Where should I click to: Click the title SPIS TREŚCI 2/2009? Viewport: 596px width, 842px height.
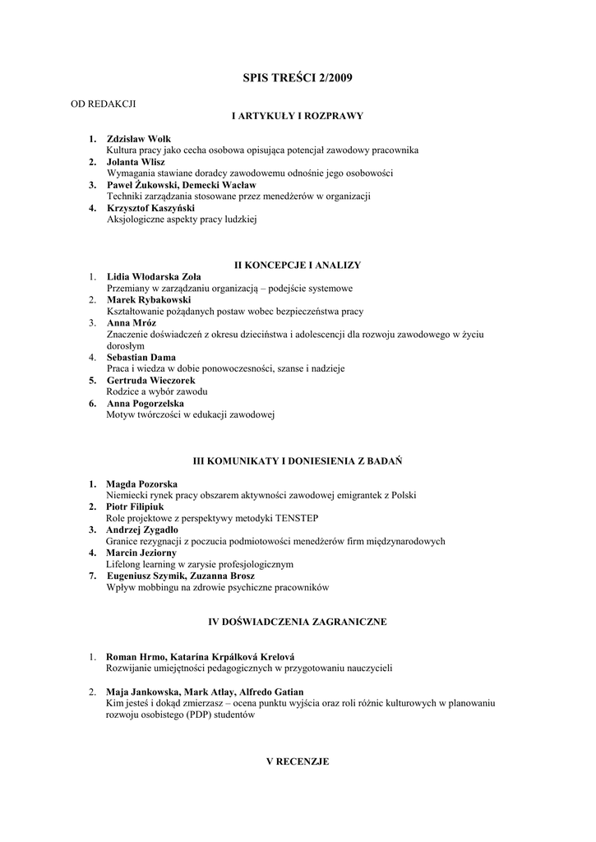(297, 78)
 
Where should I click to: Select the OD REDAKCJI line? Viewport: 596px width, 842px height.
(102, 104)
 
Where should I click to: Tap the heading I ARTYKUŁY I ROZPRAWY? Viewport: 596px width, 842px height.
(297, 116)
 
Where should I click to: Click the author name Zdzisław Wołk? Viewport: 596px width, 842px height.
(139, 139)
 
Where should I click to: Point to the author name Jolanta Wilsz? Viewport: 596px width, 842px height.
(136, 162)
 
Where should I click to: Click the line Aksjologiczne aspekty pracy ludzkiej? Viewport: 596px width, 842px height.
(182, 220)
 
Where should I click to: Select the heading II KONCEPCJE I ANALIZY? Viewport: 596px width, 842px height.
(297, 265)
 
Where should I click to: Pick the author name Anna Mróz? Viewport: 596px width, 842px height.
(132, 323)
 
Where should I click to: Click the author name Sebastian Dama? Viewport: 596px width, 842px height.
(141, 358)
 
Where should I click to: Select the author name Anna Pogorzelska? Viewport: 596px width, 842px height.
(146, 404)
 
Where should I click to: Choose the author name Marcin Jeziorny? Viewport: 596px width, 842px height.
(141, 553)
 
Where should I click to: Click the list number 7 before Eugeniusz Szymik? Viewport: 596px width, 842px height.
(93, 576)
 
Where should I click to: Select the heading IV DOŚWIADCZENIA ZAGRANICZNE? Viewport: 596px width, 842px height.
(297, 622)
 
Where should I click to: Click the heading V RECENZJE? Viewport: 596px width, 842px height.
(297, 761)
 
